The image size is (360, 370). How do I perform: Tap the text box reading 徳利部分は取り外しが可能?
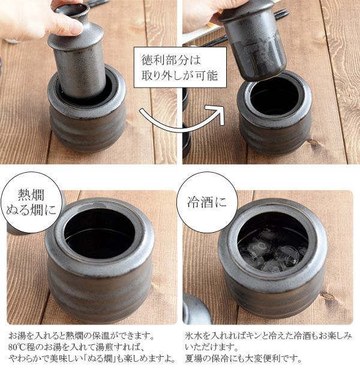[180, 67]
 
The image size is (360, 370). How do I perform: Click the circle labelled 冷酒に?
[207, 202]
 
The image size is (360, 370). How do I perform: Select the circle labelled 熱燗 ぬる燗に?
[31, 203]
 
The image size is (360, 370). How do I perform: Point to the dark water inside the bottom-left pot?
[99, 238]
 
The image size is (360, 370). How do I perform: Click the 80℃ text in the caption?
[17, 347]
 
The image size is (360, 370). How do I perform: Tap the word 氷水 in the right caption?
[194, 335]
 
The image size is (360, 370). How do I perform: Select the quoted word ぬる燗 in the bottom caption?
[101, 359]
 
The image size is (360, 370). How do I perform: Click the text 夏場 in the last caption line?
[194, 359]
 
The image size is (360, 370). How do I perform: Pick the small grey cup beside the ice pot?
[196, 309]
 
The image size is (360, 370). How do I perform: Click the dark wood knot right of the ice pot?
[328, 296]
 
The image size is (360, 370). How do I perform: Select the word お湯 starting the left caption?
[17, 335]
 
